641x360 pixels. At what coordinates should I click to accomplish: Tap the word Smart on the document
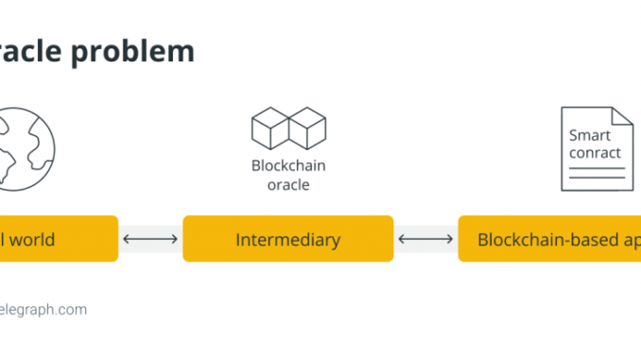(590, 135)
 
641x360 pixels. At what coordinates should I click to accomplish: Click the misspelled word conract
(596, 152)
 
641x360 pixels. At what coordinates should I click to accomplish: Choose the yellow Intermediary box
(287, 239)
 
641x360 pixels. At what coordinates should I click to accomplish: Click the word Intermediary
(287, 240)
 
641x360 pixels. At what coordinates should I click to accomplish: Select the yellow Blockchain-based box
(549, 239)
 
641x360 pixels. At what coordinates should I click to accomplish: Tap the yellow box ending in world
(57, 239)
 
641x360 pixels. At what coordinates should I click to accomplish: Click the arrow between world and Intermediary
(150, 239)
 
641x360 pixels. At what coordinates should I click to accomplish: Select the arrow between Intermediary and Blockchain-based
(425, 239)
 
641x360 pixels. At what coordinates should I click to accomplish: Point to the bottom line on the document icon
(597, 178)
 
